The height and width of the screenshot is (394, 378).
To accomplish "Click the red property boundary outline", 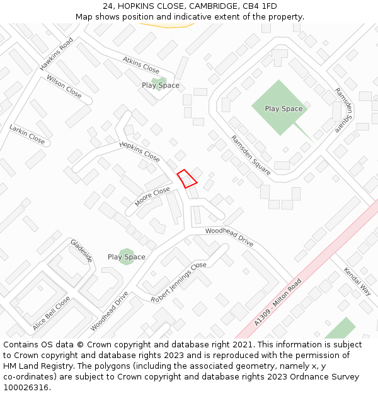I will click(187, 178).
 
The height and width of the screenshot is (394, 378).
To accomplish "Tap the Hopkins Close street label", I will click(140, 151).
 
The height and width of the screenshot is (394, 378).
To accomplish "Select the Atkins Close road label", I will click(141, 65).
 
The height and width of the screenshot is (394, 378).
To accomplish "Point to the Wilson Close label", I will click(64, 86).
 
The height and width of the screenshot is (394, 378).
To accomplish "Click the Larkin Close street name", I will click(27, 134).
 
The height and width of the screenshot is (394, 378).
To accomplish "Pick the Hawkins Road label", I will click(56, 54).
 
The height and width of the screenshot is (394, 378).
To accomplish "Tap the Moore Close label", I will click(152, 196).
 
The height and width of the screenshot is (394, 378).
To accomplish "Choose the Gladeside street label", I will click(82, 250).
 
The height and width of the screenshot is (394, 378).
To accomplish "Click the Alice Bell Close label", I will click(51, 313).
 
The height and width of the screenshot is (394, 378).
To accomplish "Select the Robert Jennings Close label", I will click(178, 282).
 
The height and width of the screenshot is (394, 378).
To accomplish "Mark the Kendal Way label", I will click(357, 281).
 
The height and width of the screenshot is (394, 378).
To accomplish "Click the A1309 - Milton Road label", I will click(278, 302).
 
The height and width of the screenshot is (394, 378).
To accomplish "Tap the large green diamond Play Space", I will click(283, 108).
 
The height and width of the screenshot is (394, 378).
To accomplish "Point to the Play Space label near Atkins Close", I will click(160, 85).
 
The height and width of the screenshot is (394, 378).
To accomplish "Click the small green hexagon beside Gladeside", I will click(127, 257).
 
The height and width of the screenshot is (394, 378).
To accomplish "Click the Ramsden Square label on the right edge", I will click(344, 109).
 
